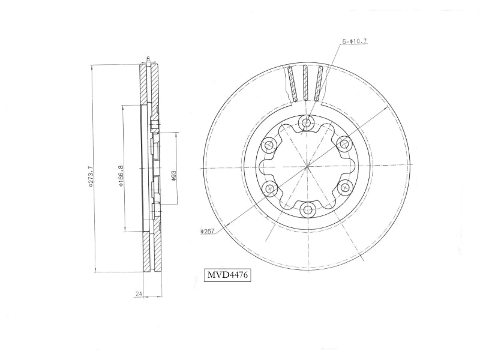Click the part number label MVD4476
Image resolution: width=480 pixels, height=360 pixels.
point(227,275)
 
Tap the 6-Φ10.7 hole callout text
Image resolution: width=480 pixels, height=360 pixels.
point(355,41)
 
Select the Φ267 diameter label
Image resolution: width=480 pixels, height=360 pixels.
point(207,232)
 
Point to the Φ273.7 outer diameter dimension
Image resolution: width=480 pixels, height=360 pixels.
point(89,176)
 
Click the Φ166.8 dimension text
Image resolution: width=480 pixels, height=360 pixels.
point(121,176)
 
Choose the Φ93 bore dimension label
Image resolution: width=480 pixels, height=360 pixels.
point(173,176)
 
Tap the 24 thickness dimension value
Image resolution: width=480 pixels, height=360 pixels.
point(139,294)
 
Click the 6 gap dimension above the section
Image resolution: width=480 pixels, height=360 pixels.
point(148,58)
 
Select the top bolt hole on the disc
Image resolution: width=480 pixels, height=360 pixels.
point(307,123)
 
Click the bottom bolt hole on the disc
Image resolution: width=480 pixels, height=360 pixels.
point(307,209)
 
